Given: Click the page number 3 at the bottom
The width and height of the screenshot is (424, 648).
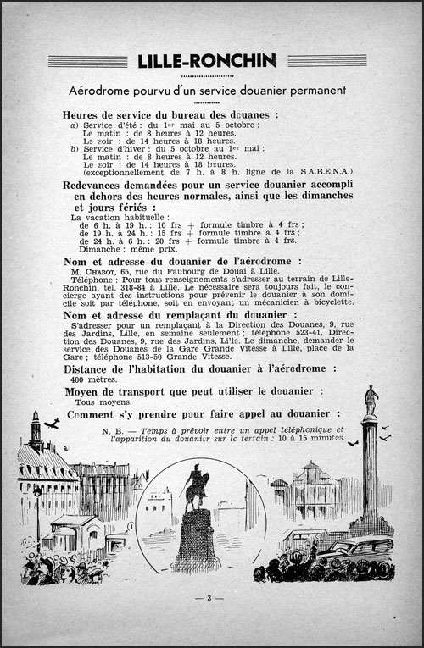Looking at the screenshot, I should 211,598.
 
